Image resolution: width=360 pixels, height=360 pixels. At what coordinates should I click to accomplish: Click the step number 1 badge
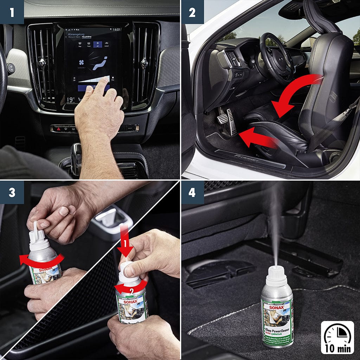point(12,12)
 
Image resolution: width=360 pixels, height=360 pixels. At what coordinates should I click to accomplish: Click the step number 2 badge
point(192,12)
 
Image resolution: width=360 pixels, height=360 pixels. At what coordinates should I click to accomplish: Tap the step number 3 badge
point(12,192)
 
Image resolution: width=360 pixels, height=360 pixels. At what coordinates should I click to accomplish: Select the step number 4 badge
point(192,192)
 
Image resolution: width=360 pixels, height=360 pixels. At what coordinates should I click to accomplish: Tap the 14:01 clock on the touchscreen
point(117,30)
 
